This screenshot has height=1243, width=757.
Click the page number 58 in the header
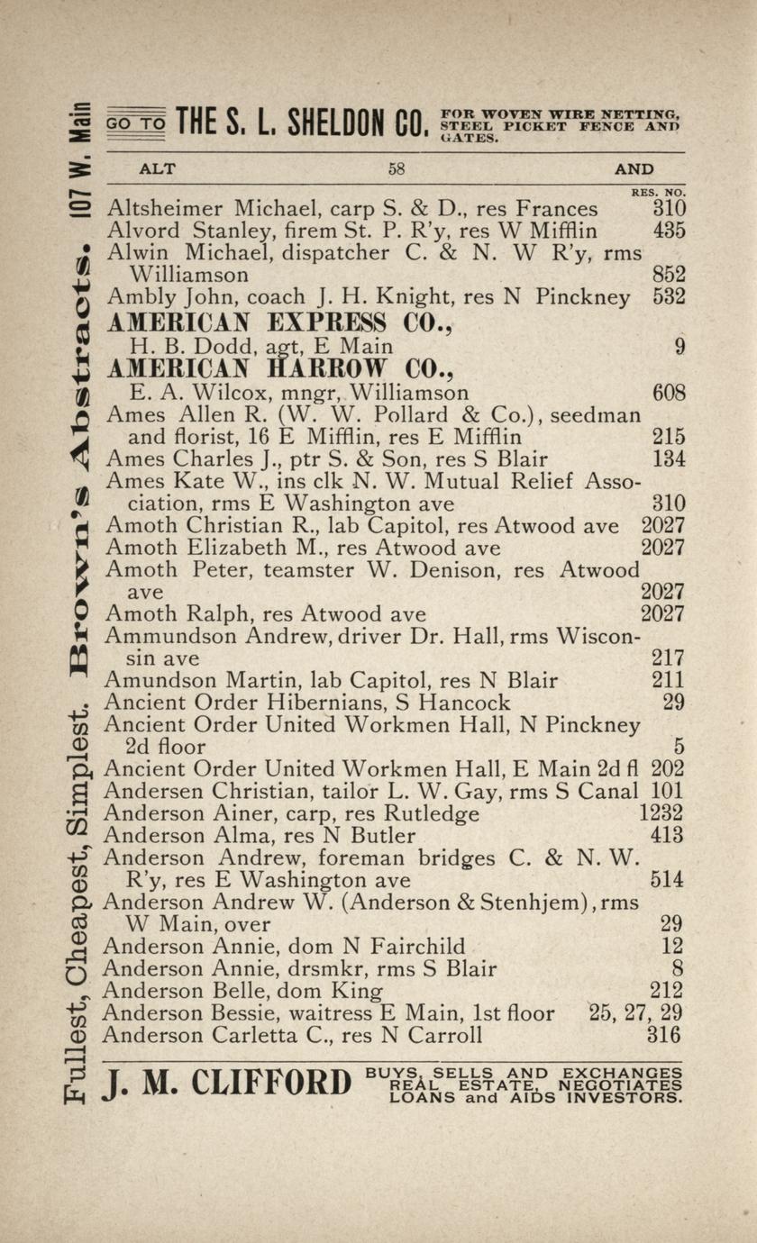click(x=397, y=168)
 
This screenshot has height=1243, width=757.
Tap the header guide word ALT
click(x=157, y=168)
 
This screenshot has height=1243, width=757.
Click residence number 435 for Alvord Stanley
click(x=670, y=231)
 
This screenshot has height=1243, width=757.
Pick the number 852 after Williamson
click(x=670, y=274)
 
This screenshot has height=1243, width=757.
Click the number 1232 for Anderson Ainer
click(x=661, y=813)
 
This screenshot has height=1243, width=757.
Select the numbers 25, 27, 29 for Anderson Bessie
click(x=635, y=1013)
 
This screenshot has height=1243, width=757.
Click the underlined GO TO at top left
click(x=136, y=122)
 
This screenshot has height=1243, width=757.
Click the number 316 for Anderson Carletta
click(x=665, y=1035)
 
